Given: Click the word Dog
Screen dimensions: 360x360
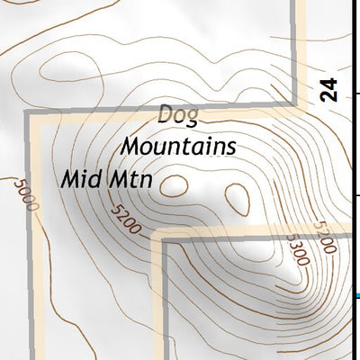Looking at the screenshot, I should (x=178, y=115).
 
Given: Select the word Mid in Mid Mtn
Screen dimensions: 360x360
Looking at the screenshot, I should (x=78, y=178).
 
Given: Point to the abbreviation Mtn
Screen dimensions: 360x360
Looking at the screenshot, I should (x=130, y=179).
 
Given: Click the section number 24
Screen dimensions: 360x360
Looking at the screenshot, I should (x=329, y=89).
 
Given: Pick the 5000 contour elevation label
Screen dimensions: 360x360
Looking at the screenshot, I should (x=27, y=194).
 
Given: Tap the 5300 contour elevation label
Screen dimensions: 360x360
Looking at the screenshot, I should (x=296, y=248).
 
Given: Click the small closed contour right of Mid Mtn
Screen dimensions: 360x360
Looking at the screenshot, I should (x=177, y=185).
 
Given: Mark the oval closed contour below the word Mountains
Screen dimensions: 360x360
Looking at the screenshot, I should (x=238, y=195).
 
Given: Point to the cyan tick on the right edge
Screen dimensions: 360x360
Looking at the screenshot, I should (x=357, y=295).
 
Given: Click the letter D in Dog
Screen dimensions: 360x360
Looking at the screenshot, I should (x=166, y=115).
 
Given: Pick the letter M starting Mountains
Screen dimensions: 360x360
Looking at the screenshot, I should (x=131, y=145).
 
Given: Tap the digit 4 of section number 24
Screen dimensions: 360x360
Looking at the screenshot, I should (x=329, y=83).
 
